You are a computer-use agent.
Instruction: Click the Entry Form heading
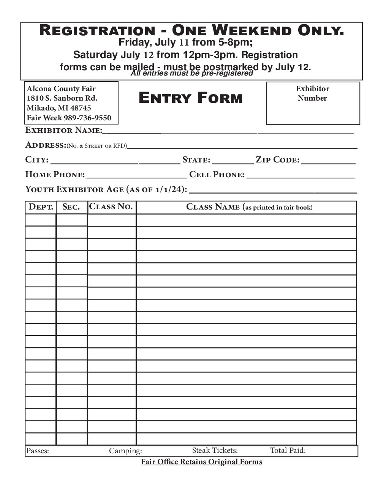click(x=190, y=98)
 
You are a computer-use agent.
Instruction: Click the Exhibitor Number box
click(x=313, y=103)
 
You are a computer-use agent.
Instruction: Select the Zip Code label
click(x=278, y=160)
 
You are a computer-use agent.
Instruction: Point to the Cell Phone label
click(x=217, y=175)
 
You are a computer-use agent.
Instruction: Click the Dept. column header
click(x=41, y=207)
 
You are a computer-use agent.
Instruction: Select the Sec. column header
click(x=71, y=207)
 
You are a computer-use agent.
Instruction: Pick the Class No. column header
click(x=111, y=206)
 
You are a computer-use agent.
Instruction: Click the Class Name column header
click(x=249, y=207)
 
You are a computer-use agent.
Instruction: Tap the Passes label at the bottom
click(x=38, y=451)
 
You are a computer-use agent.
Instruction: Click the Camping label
click(x=125, y=451)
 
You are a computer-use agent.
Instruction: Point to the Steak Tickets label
click(x=215, y=451)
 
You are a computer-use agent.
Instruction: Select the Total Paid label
click(x=288, y=451)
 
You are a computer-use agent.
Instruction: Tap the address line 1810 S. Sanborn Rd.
click(x=62, y=98)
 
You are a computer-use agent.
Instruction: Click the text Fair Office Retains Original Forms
click(x=201, y=462)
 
